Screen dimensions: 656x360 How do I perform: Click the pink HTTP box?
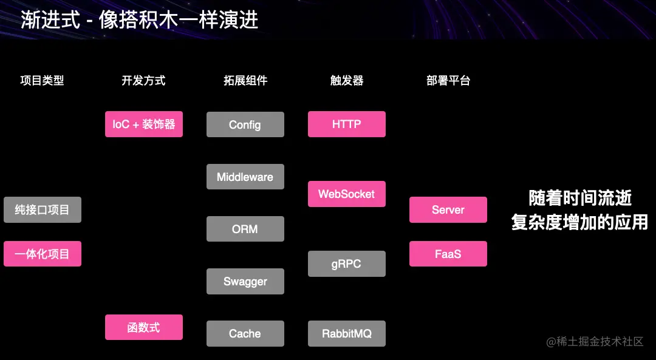346,124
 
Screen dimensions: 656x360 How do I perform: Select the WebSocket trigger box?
346,194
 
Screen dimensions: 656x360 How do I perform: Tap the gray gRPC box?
346,264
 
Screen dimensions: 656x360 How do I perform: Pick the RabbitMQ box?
346,333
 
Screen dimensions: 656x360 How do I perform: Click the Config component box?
245,124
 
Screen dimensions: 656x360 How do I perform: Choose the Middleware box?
245,177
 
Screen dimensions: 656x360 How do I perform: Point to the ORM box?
245,229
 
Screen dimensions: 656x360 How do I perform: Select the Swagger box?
245,282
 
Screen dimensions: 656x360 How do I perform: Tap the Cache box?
245,333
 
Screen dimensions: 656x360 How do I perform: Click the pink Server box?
448,210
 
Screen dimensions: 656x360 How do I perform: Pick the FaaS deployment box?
448,254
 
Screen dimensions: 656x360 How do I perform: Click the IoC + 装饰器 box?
143,124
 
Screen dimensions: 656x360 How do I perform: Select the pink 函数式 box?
143,327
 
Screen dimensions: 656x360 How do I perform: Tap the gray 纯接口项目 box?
42,210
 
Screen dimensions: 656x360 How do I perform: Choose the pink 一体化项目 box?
42,254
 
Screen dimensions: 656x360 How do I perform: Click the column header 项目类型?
42,80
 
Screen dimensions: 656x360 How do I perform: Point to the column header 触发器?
346,80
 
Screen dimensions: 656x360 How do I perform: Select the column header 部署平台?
448,80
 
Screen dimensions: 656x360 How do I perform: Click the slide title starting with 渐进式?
140,20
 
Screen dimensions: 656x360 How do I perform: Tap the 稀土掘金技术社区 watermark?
595,342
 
